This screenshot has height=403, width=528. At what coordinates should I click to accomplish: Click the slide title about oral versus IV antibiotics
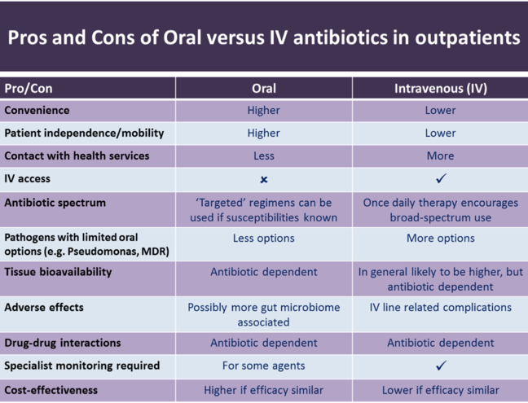(264, 37)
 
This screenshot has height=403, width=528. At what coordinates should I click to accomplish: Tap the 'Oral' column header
(263, 88)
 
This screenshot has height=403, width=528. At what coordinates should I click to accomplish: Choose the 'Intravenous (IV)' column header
(440, 88)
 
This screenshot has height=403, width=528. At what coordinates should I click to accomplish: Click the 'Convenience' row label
(37, 110)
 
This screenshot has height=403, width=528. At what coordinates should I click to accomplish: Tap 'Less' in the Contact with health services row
(263, 156)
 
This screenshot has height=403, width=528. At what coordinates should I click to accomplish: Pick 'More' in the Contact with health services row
(440, 156)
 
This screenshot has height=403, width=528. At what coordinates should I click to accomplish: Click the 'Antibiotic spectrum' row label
(55, 202)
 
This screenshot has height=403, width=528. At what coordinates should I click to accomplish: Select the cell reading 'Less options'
(263, 239)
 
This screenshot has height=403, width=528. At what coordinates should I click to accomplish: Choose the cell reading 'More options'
(440, 239)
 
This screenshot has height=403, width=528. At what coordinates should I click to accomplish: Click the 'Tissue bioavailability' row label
(58, 272)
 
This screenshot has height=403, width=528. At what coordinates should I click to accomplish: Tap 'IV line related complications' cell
(440, 307)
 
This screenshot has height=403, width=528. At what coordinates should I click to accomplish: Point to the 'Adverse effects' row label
(44, 309)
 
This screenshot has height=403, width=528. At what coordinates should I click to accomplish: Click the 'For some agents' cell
(263, 366)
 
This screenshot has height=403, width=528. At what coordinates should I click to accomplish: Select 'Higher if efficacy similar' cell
(263, 390)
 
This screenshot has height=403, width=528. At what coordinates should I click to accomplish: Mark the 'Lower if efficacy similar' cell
(440, 390)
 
